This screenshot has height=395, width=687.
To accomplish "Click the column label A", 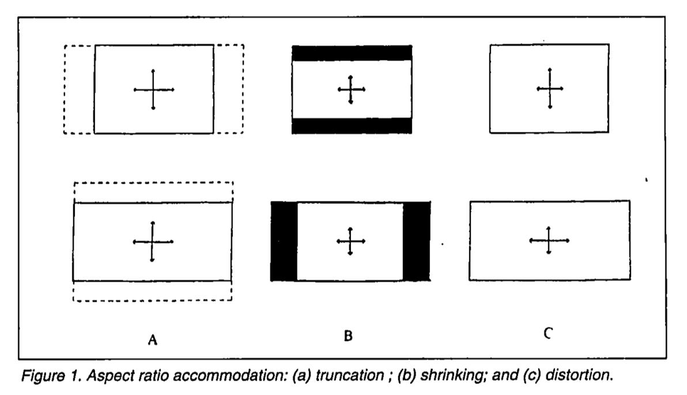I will tap(152, 340).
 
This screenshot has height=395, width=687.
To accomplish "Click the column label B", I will tap(348, 335).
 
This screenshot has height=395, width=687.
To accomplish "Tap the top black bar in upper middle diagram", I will tap(352, 52).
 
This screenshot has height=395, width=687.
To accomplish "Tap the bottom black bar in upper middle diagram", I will tap(352, 126).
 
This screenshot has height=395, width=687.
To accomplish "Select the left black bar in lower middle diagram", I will tap(284, 241).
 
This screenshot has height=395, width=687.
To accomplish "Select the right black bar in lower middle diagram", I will tap(416, 241).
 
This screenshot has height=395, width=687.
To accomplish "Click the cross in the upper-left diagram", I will tap(153, 89).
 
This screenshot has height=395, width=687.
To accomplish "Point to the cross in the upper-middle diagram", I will tap(350, 89).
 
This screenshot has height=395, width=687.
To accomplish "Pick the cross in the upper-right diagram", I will tap(550, 88).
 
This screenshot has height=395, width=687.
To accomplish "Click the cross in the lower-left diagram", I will tap(152, 242).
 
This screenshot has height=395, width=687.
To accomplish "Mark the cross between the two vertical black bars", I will tap(350, 241).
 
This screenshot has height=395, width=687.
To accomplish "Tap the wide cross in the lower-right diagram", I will tap(549, 240).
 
